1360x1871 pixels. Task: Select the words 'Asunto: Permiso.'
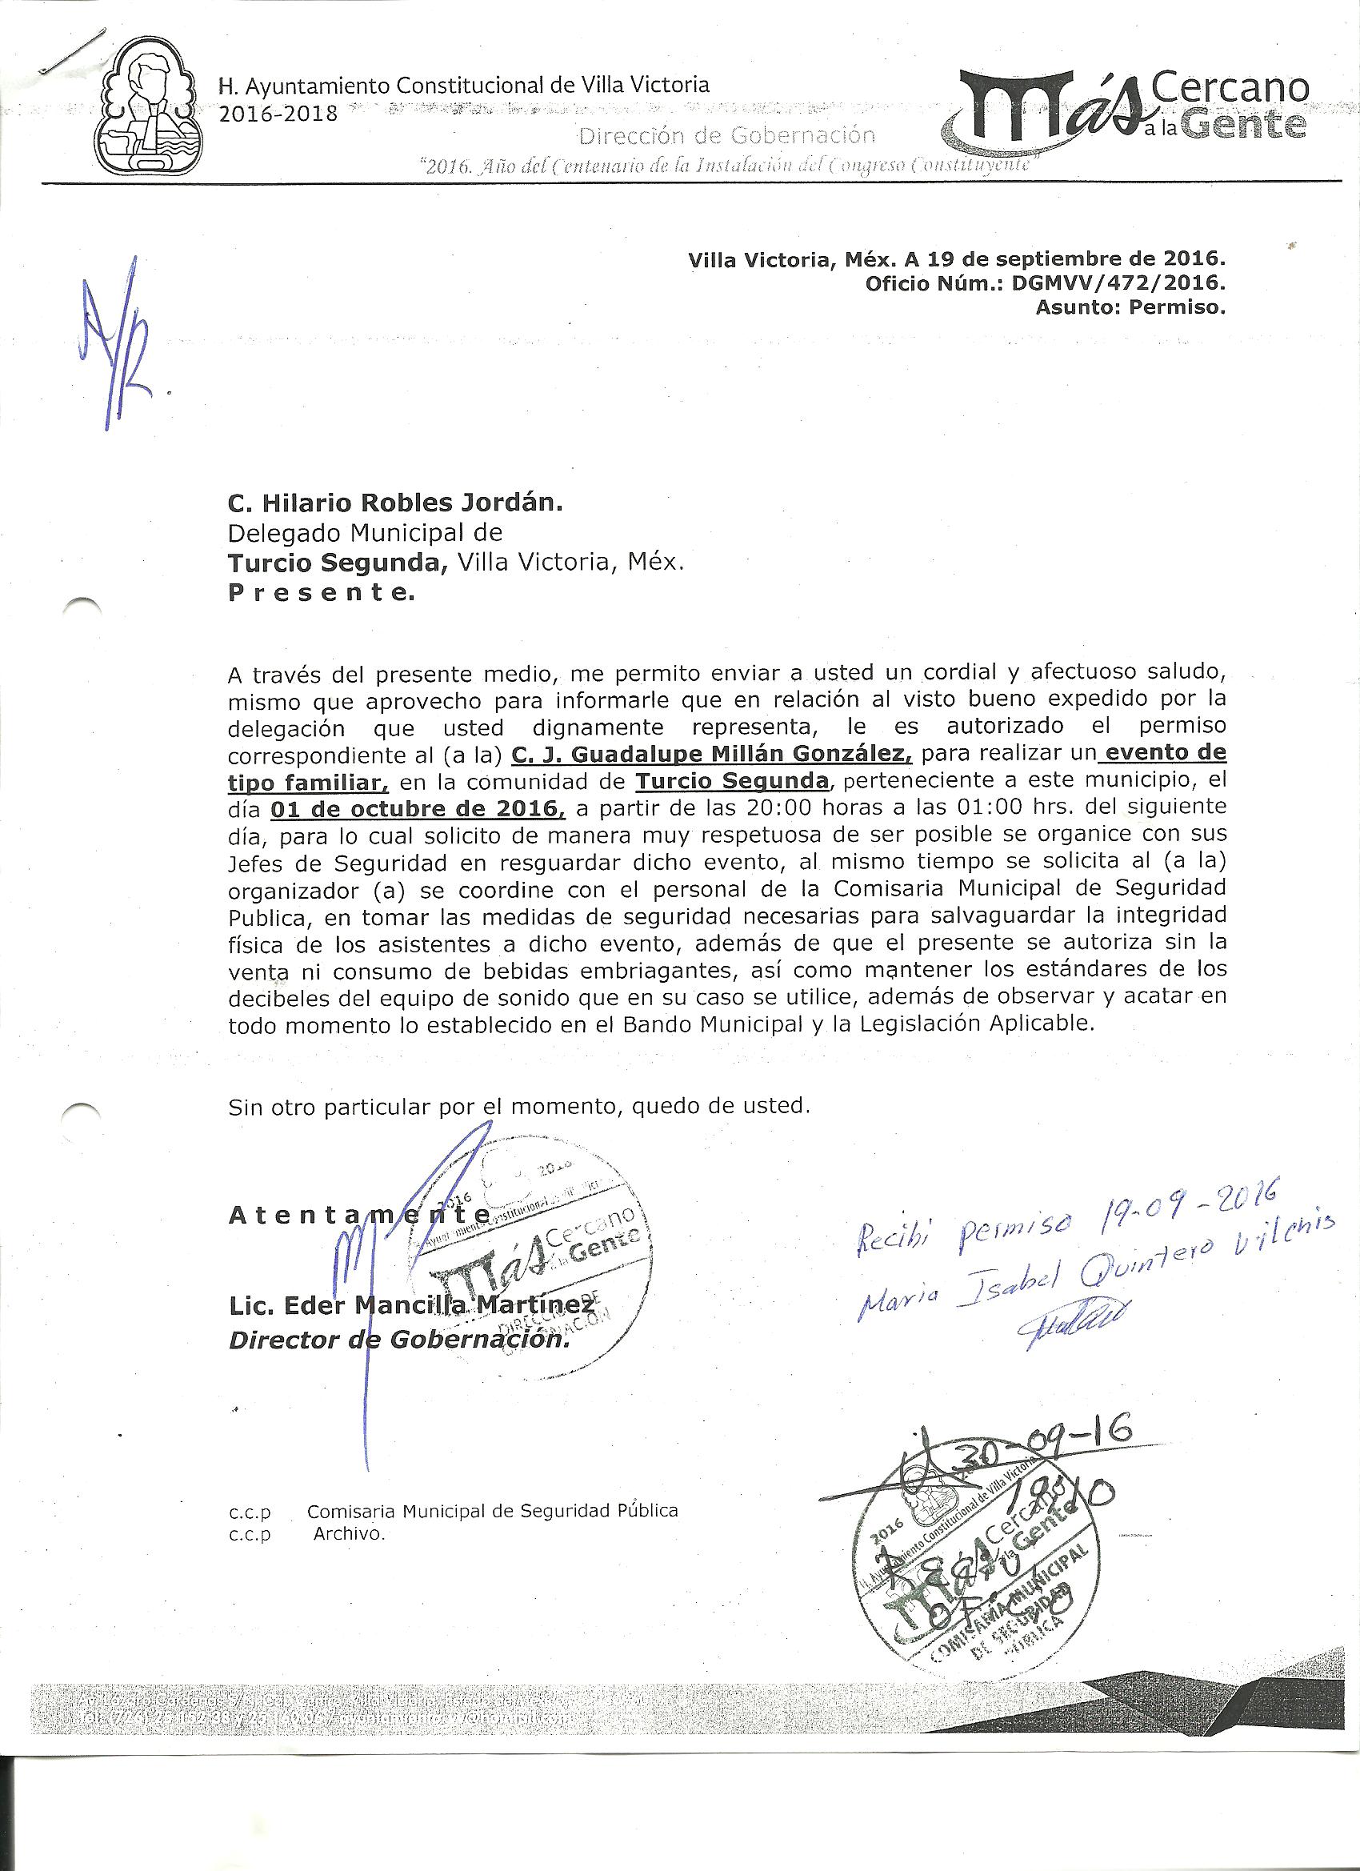[x=1130, y=309]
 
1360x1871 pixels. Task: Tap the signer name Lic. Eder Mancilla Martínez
[x=410, y=1306]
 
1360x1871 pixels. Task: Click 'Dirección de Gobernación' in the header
[x=726, y=134]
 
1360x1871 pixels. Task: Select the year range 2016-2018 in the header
[x=277, y=113]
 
